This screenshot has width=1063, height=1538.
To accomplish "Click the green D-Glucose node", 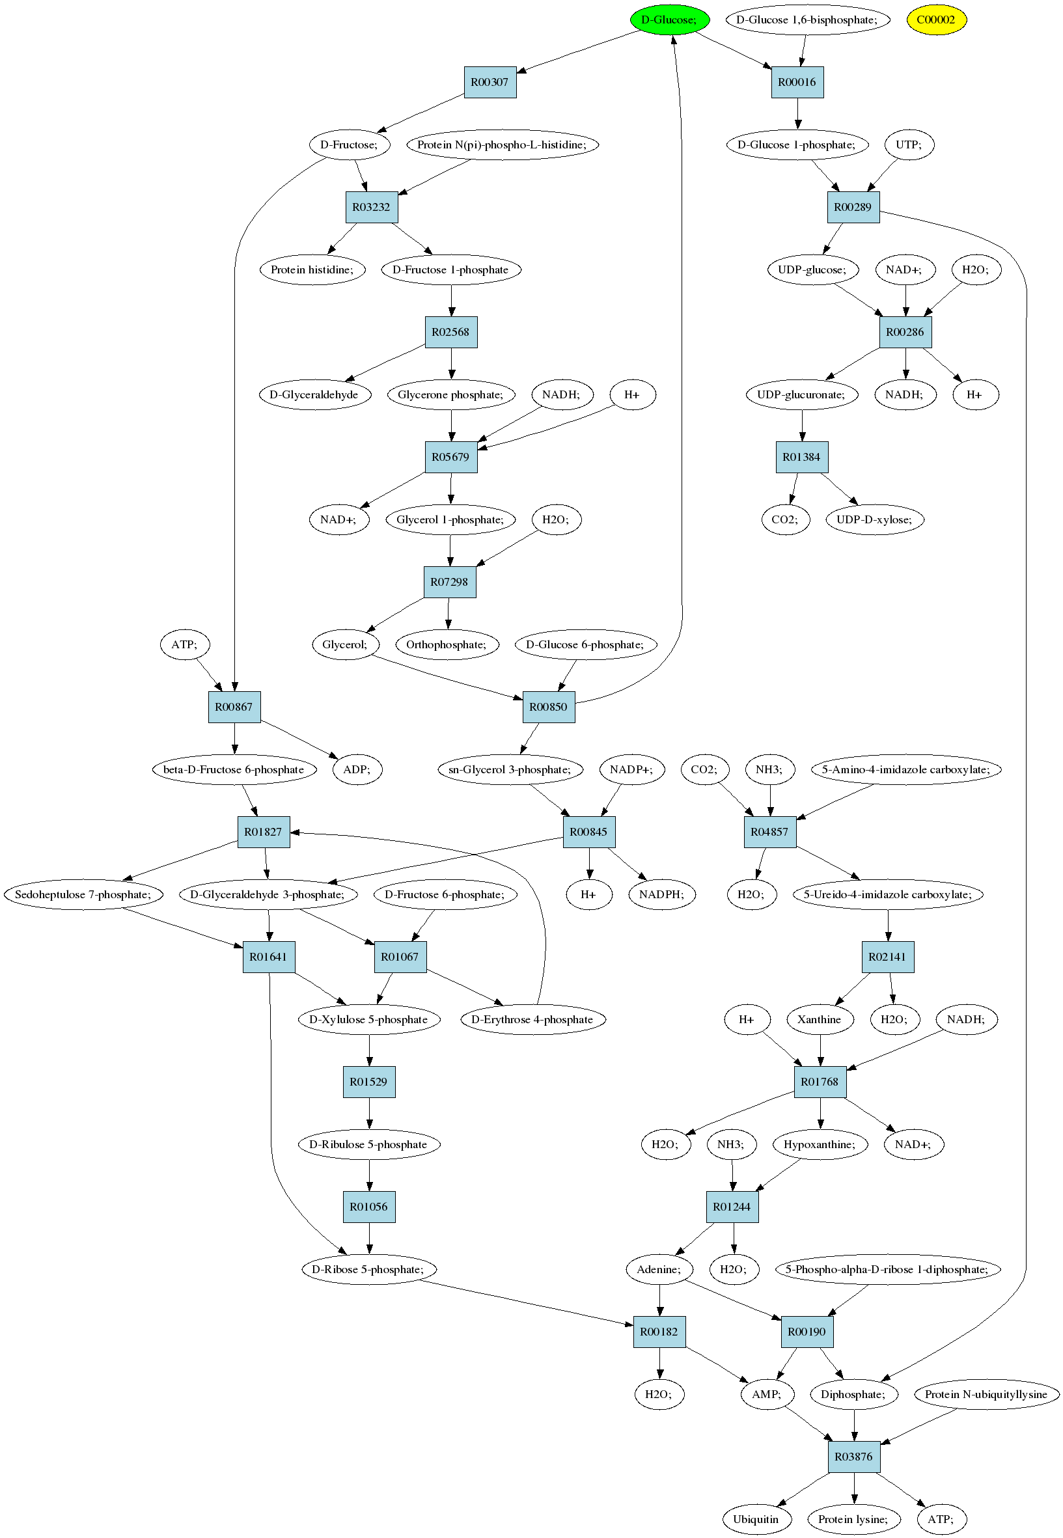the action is (669, 20).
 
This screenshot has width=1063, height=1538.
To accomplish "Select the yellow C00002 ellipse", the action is (936, 20).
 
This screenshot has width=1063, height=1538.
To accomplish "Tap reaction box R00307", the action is (490, 83).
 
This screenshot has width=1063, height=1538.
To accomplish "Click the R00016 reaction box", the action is (797, 83).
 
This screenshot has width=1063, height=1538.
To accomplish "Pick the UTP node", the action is (909, 145).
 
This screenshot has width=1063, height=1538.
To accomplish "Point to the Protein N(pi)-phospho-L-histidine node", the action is (502, 145).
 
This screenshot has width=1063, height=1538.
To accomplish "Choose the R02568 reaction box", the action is (451, 332).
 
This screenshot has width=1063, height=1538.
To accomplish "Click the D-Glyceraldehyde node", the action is (314, 395).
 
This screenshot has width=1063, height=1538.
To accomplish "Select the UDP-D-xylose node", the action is (874, 520).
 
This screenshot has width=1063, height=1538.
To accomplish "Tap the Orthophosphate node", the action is (447, 644).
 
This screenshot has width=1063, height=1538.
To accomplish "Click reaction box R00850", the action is (549, 707).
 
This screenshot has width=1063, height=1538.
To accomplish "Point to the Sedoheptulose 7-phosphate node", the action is (83, 895).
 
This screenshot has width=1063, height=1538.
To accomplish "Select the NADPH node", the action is (661, 895).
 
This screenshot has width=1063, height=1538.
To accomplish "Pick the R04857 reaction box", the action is (770, 832).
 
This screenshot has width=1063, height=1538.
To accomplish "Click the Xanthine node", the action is (820, 1019).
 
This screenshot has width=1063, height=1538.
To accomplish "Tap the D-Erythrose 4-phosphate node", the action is (533, 1019).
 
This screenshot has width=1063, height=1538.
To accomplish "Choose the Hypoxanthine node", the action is (820, 1144).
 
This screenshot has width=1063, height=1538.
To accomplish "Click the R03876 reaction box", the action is (854, 1457).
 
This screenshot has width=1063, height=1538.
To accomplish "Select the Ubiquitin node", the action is (756, 1519).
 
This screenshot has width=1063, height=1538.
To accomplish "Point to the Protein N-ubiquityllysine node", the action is (986, 1394).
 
